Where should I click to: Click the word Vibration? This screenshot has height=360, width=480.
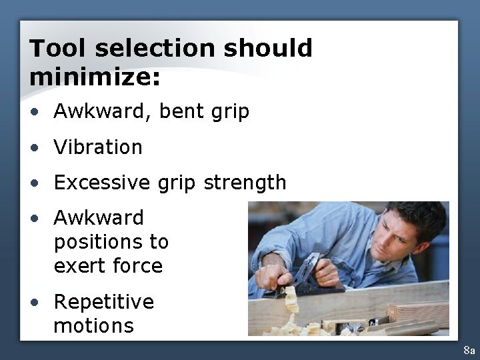pos(98,147)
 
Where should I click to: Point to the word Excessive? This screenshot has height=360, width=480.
pos(102,183)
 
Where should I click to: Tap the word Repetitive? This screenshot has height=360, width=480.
pos(103,302)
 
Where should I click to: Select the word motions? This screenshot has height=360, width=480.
pos(93,326)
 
